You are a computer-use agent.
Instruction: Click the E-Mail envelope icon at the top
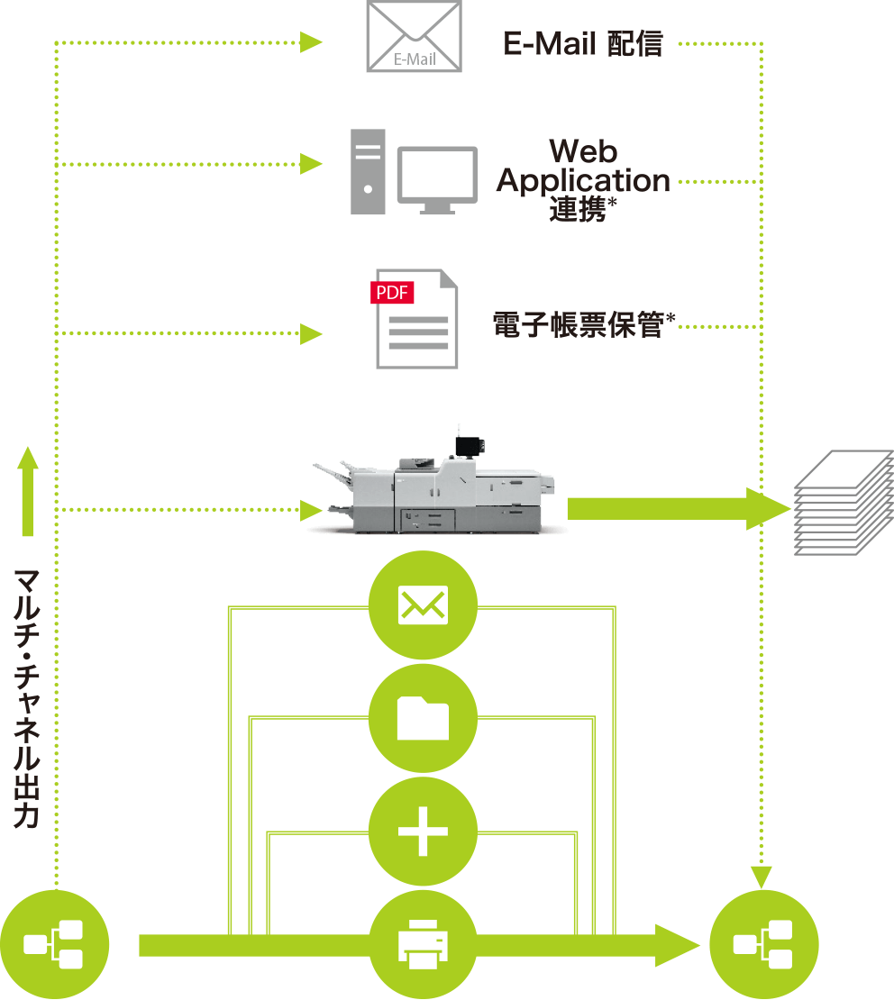(414, 36)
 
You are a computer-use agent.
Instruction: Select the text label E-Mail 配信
(583, 43)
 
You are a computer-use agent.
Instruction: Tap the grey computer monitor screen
(438, 176)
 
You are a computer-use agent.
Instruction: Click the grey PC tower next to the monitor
(368, 171)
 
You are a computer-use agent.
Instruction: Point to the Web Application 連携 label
(583, 179)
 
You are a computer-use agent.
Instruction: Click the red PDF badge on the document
(392, 293)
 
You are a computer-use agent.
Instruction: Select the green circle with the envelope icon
(423, 605)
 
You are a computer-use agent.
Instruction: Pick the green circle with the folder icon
(423, 718)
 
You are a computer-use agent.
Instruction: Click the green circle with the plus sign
(423, 831)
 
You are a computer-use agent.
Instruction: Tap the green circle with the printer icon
(423, 944)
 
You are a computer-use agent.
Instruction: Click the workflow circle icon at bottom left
(54, 944)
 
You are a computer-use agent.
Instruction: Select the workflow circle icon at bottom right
(763, 944)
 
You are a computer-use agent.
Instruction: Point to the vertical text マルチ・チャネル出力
(26, 698)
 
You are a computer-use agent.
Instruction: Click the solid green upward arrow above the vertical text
(28, 491)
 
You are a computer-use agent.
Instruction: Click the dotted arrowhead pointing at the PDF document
(312, 334)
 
